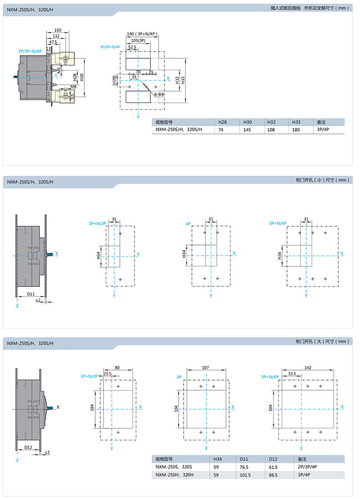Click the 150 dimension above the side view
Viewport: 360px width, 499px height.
pos(58,30)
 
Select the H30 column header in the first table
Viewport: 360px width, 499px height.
pos(247,122)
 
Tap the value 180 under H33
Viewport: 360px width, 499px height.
pos(296,130)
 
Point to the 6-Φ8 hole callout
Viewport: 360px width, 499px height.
pos(159,95)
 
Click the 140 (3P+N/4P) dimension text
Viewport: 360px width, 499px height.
pos(142,34)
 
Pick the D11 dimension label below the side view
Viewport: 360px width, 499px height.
pos(31,294)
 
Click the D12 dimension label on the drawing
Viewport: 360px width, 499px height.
pos(28,447)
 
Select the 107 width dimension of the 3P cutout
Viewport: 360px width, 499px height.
pos(206,367)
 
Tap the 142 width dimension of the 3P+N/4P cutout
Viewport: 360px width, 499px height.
pos(308,367)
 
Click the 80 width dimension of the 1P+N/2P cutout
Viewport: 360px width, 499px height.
pos(117,367)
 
